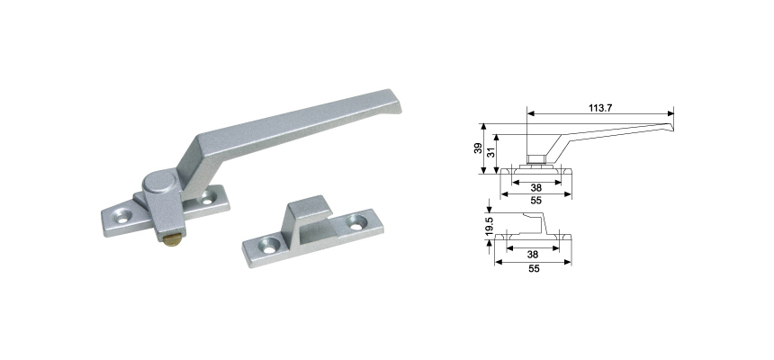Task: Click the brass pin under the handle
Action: pos(169,240)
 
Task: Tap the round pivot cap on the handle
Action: pos(160,182)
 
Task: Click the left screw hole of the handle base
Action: pos(121,216)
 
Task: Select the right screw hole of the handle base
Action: pos(208,199)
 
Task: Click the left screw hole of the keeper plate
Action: pos(269,246)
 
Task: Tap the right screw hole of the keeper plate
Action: pos(357,221)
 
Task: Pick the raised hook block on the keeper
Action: pos(309,216)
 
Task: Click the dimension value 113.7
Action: pos(600,108)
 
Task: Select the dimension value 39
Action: pos(478,148)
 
